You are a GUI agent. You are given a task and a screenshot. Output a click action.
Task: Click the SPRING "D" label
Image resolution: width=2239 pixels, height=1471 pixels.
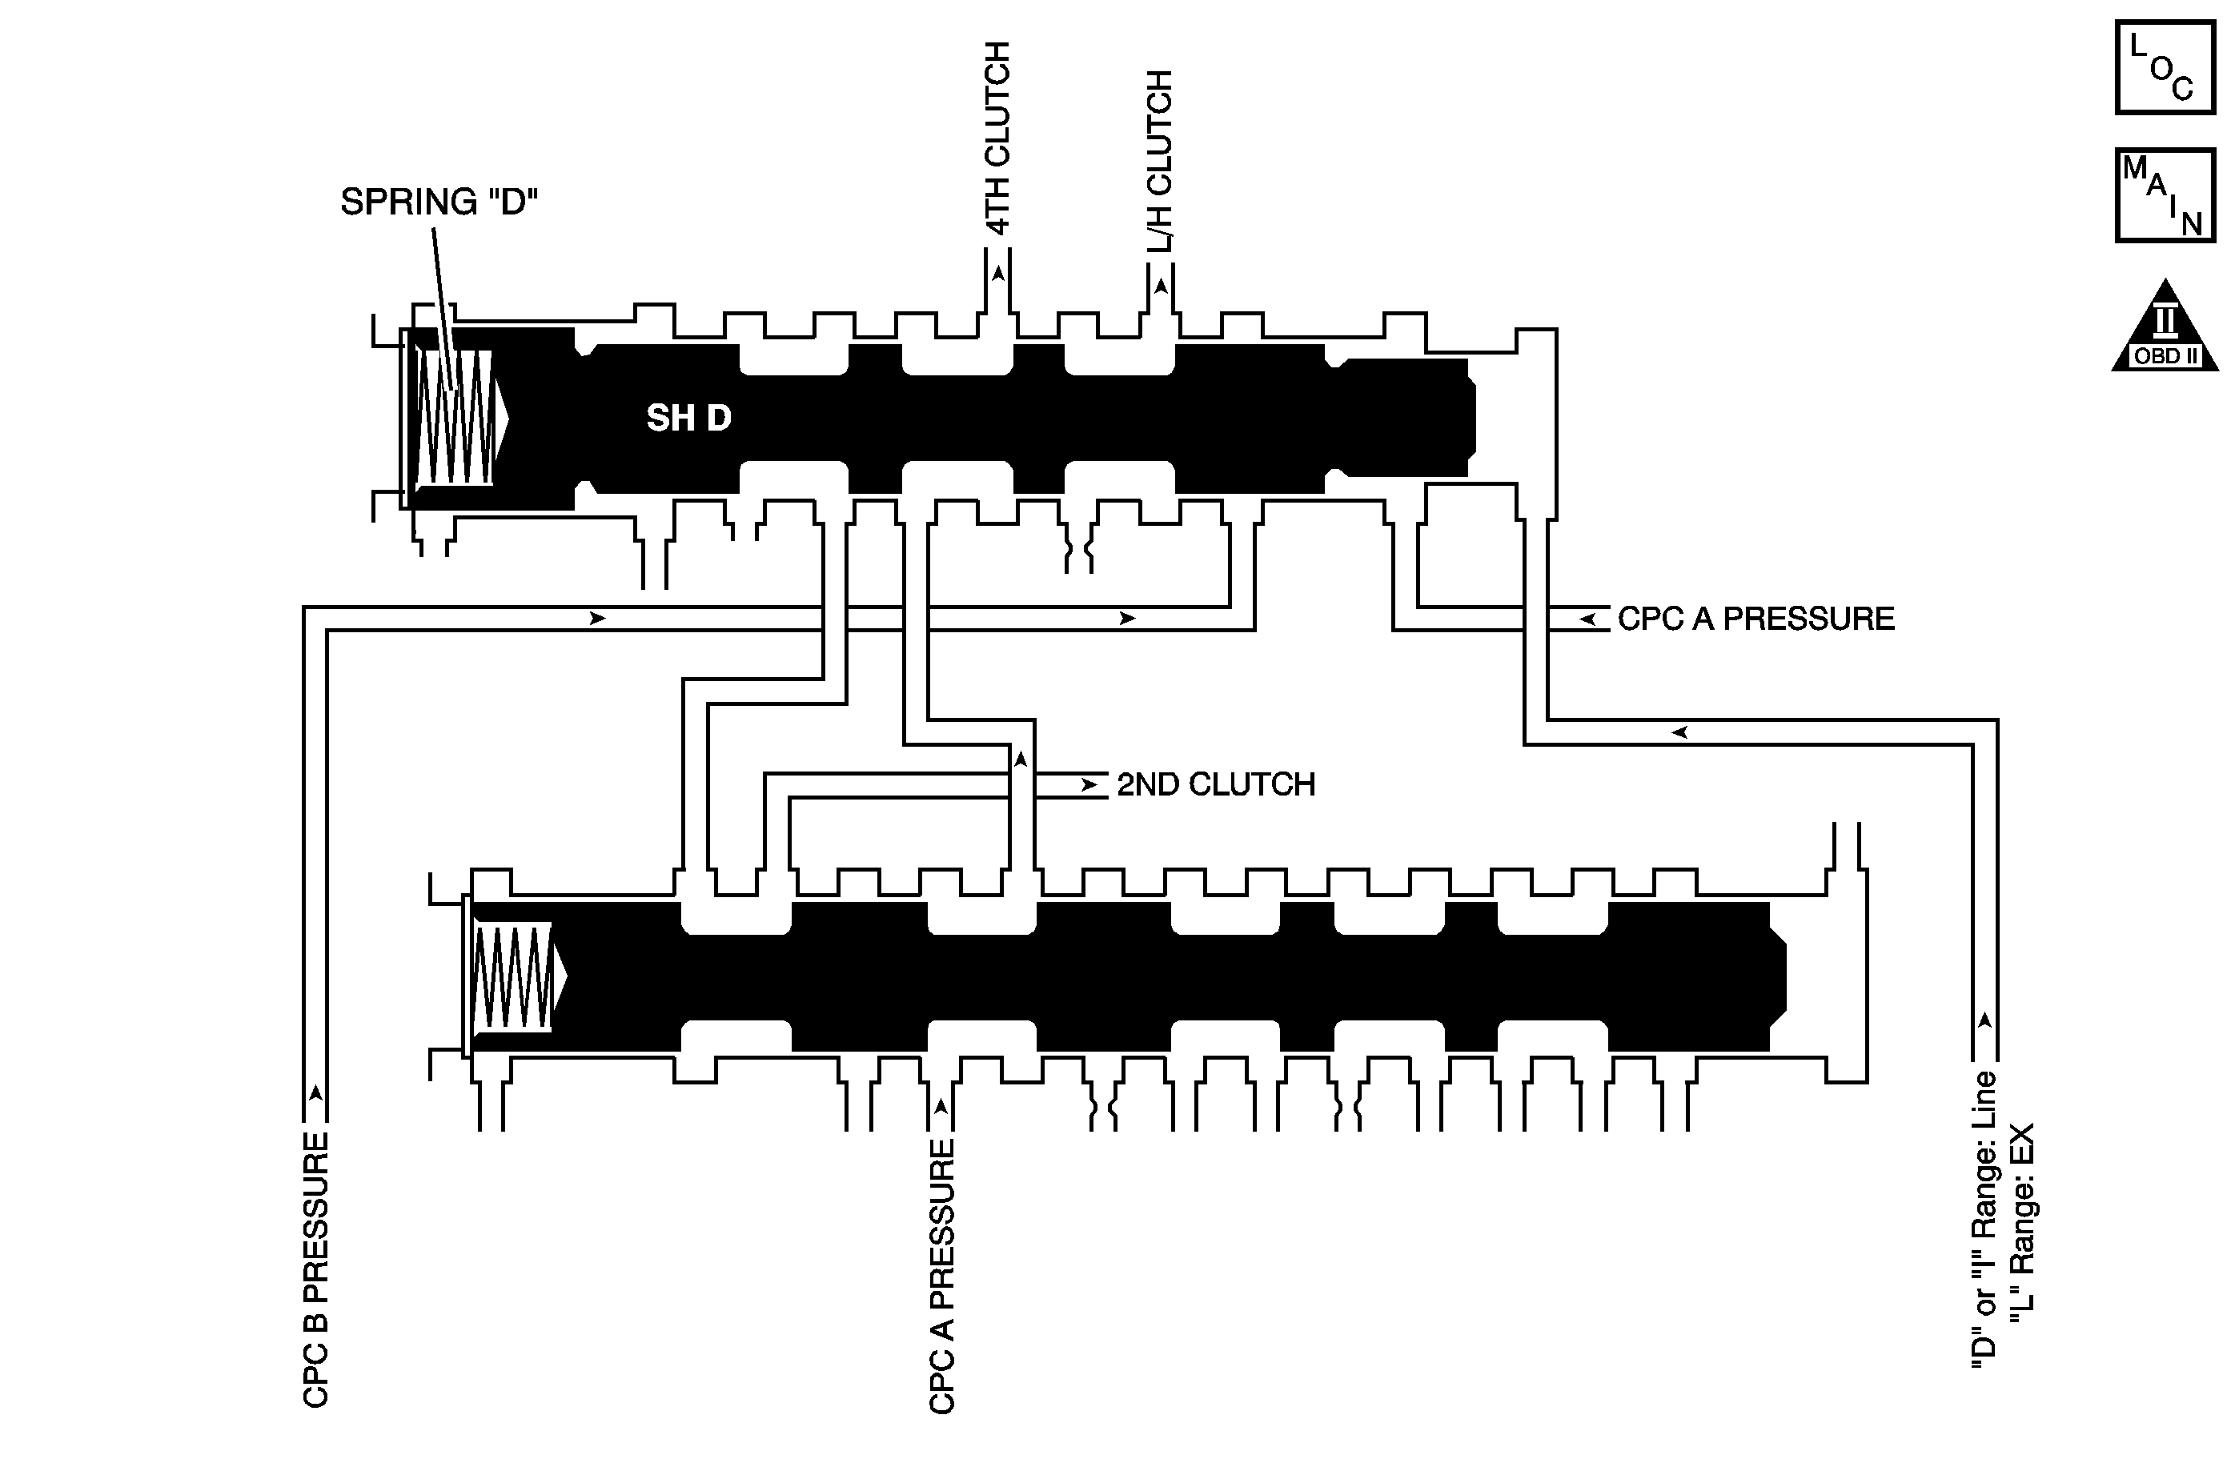pyautogui.click(x=439, y=202)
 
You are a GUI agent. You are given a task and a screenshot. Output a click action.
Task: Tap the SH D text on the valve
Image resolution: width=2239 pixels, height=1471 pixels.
pyautogui.click(x=688, y=419)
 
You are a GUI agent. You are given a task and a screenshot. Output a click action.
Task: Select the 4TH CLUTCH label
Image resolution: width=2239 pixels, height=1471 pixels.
pyautogui.click(x=997, y=138)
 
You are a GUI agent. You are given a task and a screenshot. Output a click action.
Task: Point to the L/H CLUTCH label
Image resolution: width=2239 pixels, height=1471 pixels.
pyautogui.click(x=1160, y=161)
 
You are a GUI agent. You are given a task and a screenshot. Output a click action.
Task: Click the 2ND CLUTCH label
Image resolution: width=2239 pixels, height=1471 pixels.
pyautogui.click(x=1215, y=784)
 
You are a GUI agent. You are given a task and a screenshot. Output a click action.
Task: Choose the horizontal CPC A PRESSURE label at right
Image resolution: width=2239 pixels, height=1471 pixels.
pyautogui.click(x=1755, y=619)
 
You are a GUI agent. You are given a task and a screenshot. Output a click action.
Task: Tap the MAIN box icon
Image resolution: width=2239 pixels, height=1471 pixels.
pyautogui.click(x=2164, y=195)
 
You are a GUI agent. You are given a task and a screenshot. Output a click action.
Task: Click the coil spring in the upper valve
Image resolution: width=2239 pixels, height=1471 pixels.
pyautogui.click(x=455, y=418)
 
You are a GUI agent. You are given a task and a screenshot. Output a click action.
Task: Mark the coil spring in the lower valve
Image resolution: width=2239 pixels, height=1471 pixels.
pyautogui.click(x=512, y=976)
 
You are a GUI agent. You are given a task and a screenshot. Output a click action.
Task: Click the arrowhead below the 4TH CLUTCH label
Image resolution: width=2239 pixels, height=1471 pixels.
pyautogui.click(x=998, y=274)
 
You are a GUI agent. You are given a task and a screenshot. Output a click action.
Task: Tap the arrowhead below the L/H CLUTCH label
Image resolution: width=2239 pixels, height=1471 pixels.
pyautogui.click(x=1161, y=285)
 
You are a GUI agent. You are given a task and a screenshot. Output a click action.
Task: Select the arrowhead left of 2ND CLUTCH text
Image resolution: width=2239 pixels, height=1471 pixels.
pyautogui.click(x=1089, y=784)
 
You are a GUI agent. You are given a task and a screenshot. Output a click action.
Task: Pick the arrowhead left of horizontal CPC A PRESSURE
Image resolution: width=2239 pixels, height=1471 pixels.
pyautogui.click(x=1588, y=619)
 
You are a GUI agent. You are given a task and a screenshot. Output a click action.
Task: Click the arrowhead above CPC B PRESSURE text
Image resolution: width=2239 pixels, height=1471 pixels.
pyautogui.click(x=316, y=1093)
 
